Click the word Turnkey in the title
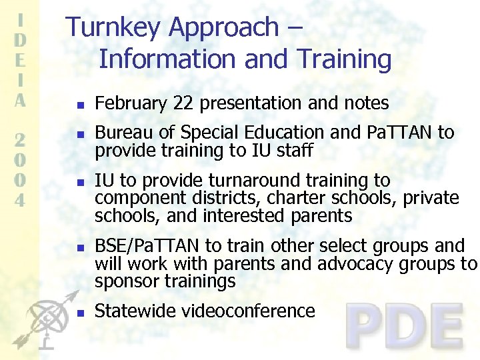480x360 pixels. click(115, 27)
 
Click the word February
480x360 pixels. click(131, 103)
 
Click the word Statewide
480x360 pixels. click(133, 311)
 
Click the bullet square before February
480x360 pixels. click(79, 105)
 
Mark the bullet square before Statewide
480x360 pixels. click(79, 313)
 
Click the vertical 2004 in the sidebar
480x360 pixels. click(20, 169)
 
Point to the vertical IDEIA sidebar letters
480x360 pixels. click(20, 60)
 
